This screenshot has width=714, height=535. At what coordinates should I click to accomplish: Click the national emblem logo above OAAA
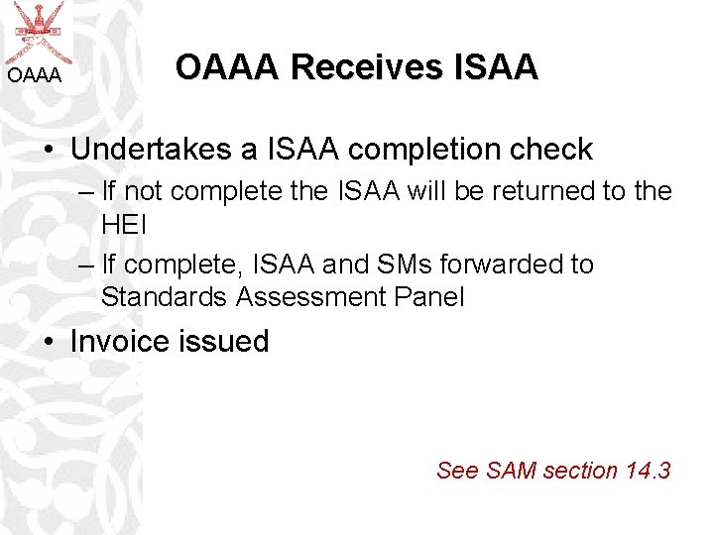tap(37, 30)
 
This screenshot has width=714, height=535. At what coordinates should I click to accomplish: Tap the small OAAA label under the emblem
tap(35, 75)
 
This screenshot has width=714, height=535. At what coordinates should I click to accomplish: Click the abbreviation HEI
tap(124, 224)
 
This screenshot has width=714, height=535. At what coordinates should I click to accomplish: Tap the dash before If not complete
tap(83, 192)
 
